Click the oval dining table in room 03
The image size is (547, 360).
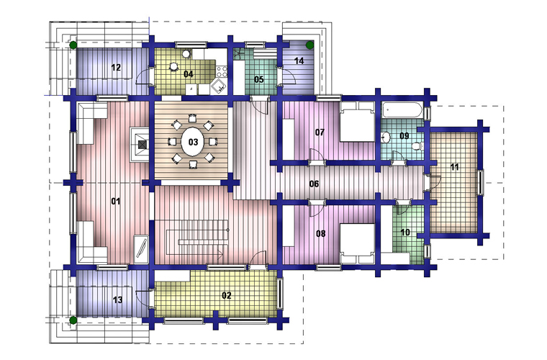click(193, 142)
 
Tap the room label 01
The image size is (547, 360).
click(116, 202)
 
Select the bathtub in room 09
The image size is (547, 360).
click(402, 110)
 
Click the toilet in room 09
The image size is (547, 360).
click(417, 146)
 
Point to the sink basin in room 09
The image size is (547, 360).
click(385, 137)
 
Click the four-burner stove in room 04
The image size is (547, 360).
click(222, 71)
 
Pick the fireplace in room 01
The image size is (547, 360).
click(140, 145)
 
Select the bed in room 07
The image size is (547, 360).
click(357, 122)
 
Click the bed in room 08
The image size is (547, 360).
click(357, 243)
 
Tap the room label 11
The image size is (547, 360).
click(454, 167)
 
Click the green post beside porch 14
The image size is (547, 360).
click(309, 45)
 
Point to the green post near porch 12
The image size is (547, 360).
click(73, 45)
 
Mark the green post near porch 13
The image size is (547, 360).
click(73, 320)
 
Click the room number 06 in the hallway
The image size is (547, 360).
click(314, 184)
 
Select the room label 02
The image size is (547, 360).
click(227, 295)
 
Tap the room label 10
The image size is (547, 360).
click(405, 232)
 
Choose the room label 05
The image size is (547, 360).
click(259, 79)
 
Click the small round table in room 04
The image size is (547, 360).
click(173, 66)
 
